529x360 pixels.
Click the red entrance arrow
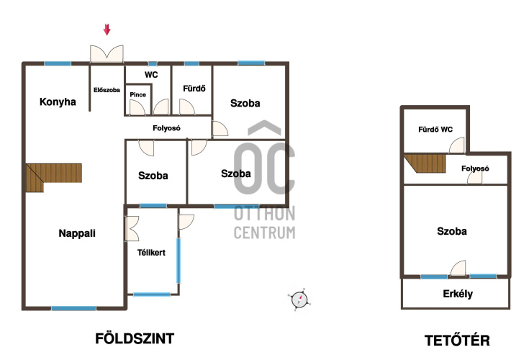click(107, 30)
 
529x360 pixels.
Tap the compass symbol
click(299, 300)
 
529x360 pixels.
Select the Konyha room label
click(58, 102)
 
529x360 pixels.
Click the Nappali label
click(77, 233)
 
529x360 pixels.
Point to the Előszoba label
click(107, 90)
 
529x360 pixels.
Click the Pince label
click(138, 95)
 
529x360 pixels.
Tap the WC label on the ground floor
click(151, 75)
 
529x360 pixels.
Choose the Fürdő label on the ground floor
click(194, 89)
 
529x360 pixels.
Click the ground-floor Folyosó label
click(166, 128)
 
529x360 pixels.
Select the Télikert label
click(151, 253)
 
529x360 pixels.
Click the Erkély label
click(458, 294)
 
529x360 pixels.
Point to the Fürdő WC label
click(435, 130)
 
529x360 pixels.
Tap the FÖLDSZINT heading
click(135, 338)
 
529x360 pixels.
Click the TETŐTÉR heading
click(457, 341)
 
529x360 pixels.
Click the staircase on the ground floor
click(54, 176)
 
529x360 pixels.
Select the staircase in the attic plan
click(425, 163)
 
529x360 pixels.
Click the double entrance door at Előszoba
click(107, 54)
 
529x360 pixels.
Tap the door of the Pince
click(137, 107)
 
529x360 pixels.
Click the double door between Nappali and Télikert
click(132, 229)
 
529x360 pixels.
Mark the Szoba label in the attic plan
click(452, 231)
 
